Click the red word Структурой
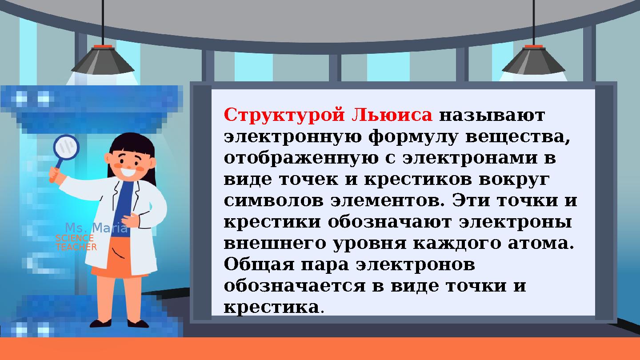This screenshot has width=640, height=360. pos(284,115)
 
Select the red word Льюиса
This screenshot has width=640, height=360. pos(392,115)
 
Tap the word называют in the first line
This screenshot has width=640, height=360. pos(492,115)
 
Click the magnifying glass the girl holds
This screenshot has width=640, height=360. pos(66,147)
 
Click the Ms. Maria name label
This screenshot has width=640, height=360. pos(96,228)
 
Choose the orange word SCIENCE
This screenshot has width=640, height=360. pos(74,238)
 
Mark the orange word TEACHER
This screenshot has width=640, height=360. pos(76,247)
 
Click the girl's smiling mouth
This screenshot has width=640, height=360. pos(129,171)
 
